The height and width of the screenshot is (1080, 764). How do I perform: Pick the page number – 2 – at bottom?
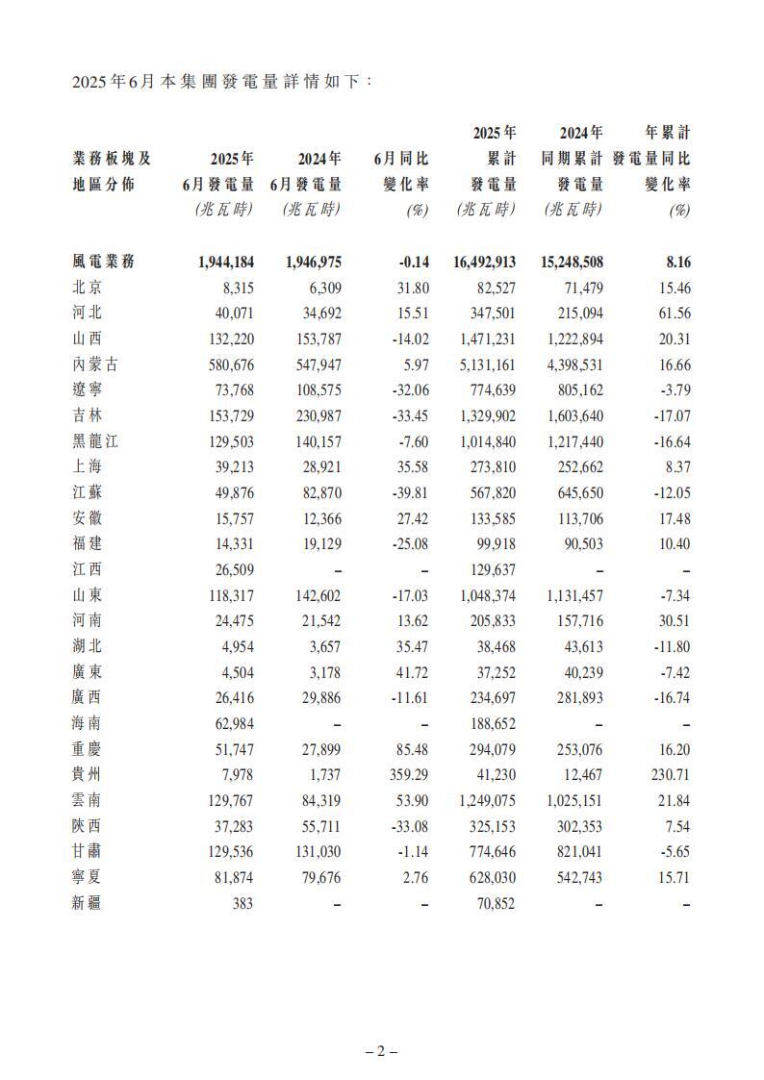tap(381, 1051)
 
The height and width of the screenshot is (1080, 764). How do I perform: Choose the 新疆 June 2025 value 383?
tap(242, 903)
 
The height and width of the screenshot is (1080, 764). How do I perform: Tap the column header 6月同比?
tap(401, 159)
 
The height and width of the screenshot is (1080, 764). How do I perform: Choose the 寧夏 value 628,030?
tap(487, 878)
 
